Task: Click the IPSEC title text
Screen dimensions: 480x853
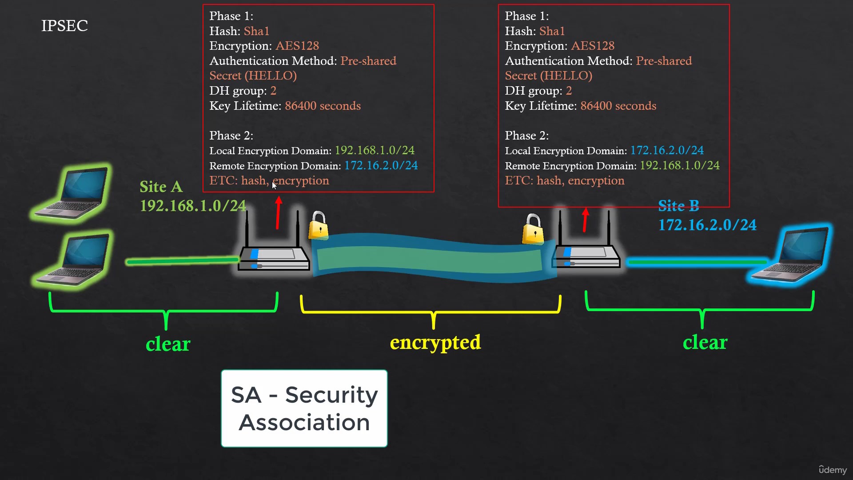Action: [64, 26]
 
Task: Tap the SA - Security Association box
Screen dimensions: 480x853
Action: [304, 408]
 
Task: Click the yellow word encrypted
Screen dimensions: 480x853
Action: [435, 343]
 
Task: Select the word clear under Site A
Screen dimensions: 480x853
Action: [168, 344]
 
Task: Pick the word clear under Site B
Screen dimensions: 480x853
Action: [705, 343]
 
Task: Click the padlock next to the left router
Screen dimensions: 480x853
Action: [319, 225]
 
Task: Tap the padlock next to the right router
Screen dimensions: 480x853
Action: [533, 229]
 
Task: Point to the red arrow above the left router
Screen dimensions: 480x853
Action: [278, 213]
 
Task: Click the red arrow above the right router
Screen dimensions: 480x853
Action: [586, 220]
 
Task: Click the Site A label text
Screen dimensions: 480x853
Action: [161, 187]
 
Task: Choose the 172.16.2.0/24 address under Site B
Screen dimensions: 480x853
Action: [707, 225]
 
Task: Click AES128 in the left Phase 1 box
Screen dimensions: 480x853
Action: [297, 46]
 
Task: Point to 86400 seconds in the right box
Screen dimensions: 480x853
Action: [618, 106]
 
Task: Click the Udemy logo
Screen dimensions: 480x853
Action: [833, 470]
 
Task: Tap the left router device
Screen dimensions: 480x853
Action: [274, 258]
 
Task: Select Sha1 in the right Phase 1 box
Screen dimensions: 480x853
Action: [552, 31]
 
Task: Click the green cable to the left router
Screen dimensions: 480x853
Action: [182, 261]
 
